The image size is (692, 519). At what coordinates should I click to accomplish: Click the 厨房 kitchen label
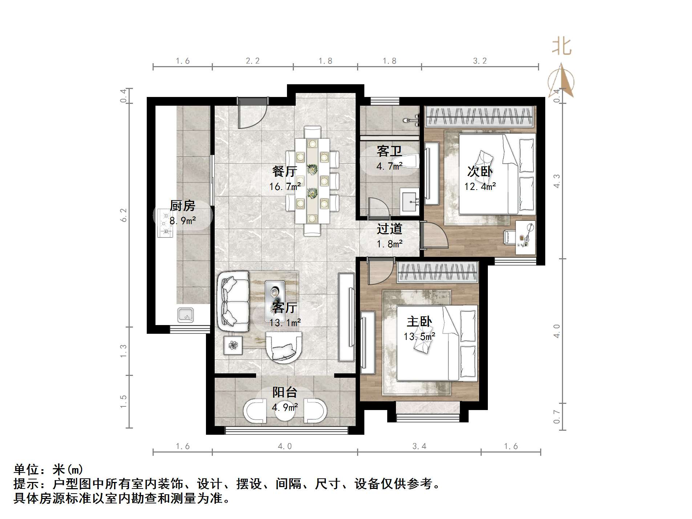click(182, 206)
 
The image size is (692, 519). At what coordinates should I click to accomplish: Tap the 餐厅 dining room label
click(285, 171)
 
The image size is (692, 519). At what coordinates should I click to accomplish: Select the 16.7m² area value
click(285, 187)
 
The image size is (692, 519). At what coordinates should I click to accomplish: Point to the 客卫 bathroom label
click(389, 151)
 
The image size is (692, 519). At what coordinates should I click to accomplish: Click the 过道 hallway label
click(389, 229)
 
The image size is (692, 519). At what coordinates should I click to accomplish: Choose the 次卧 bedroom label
click(480, 171)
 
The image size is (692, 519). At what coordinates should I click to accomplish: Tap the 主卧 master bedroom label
click(419, 321)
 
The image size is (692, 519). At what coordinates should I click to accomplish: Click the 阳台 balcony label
click(285, 392)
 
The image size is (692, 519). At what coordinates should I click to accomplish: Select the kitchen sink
click(186, 315)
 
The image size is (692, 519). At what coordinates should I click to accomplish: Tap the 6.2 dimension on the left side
click(124, 215)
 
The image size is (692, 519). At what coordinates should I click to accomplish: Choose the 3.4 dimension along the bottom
click(419, 446)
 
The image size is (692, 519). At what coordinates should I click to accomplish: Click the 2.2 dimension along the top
click(252, 61)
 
